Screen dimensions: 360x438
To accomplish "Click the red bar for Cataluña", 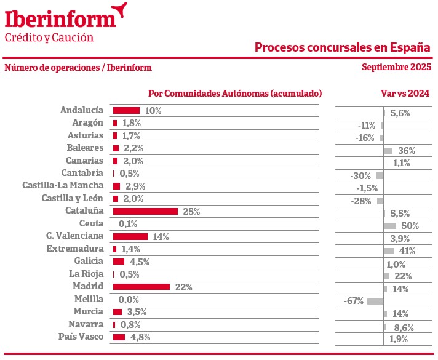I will (145, 211).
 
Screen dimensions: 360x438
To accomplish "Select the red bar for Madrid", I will (141, 287).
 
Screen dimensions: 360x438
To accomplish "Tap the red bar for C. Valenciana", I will (130, 236).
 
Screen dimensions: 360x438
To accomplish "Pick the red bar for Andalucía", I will (126, 111).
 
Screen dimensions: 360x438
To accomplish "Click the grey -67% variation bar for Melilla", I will (375, 302).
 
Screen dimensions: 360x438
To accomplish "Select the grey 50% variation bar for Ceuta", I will (389, 226).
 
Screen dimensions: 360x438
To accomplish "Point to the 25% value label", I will (191, 211).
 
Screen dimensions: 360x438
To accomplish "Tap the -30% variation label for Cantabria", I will (362, 175).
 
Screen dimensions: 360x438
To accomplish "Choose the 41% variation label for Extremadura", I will (407, 251).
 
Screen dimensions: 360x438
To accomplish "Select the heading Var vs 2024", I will (405, 94).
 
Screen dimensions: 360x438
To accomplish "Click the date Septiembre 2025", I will (396, 68).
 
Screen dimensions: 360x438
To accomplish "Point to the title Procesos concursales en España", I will (343, 47).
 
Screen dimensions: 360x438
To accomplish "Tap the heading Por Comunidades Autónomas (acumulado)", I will (235, 94).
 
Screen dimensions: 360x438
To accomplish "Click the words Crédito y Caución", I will (49, 38).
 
